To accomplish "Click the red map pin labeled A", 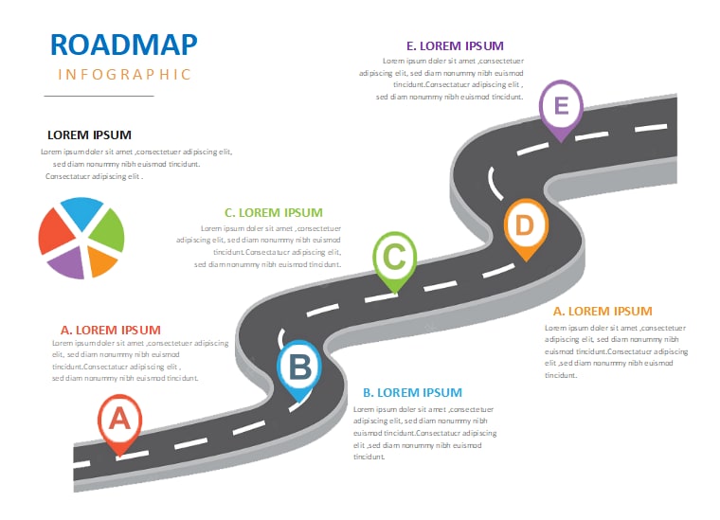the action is [x=120, y=422].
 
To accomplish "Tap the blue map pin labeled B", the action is [x=299, y=368].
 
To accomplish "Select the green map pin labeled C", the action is [x=394, y=260].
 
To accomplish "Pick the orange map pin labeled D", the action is [x=526, y=227].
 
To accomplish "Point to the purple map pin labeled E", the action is [x=561, y=108].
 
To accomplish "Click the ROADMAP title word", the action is [x=123, y=45].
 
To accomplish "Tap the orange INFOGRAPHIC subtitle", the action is [x=124, y=74].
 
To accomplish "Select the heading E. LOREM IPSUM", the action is [x=455, y=45].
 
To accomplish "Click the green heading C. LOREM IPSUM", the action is [x=273, y=212].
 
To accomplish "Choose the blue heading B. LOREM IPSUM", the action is [x=412, y=393].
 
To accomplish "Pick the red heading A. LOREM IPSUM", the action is [x=111, y=330].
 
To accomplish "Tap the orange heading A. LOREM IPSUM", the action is [x=603, y=312].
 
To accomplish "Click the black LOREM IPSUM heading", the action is [x=89, y=134].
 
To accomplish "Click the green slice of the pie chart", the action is [x=109, y=231].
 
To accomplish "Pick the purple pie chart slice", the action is [x=68, y=263].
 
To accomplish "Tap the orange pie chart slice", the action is [x=100, y=260].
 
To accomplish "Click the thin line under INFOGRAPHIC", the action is [x=99, y=96].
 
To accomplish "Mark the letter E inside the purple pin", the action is [x=561, y=105].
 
